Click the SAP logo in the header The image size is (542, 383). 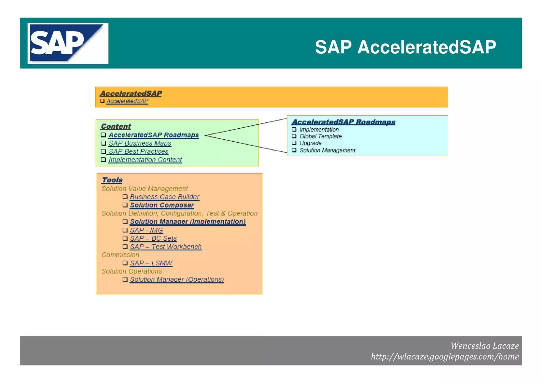(x=68, y=43)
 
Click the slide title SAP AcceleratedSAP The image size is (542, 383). (x=405, y=47)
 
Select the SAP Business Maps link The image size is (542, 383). (x=140, y=143)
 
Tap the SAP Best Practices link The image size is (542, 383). (x=138, y=151)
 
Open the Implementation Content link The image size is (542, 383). (x=145, y=160)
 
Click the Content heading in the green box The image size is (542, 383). (x=116, y=126)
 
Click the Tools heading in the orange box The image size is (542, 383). (x=112, y=180)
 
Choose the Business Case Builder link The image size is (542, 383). (x=164, y=197)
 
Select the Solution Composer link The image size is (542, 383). (x=162, y=205)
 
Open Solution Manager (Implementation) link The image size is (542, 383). (x=188, y=222)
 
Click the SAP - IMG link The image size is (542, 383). (x=146, y=230)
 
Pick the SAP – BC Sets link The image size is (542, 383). (x=153, y=238)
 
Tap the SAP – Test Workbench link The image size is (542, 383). (x=166, y=247)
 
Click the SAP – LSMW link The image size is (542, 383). (x=151, y=263)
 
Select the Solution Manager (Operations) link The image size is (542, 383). (x=177, y=280)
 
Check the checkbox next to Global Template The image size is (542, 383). (x=294, y=136)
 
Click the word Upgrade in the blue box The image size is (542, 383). (x=310, y=143)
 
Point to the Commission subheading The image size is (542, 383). (x=120, y=255)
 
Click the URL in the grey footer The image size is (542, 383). (x=445, y=357)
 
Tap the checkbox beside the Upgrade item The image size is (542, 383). (x=294, y=143)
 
